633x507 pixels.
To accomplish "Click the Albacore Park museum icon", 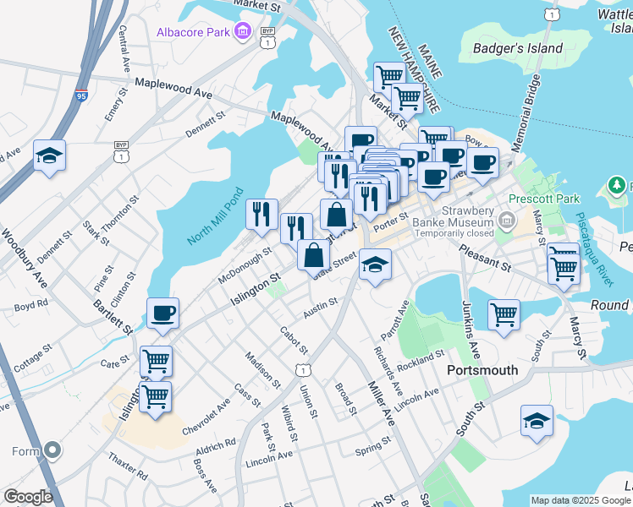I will coord(244,32).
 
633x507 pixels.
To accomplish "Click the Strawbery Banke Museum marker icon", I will coord(507,221).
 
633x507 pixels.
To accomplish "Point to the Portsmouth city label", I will coord(482,370).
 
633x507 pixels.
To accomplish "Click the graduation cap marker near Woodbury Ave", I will coord(50,155).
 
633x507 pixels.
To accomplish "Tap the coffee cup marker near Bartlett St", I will coord(162,313).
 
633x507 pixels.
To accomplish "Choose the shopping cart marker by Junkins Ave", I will coord(504,314).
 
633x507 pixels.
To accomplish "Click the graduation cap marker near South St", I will coord(537,421).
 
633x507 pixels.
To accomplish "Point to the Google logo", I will coord(28,497).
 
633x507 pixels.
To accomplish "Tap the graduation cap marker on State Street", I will coord(375,264).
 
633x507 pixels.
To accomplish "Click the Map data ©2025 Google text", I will coord(580,500).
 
